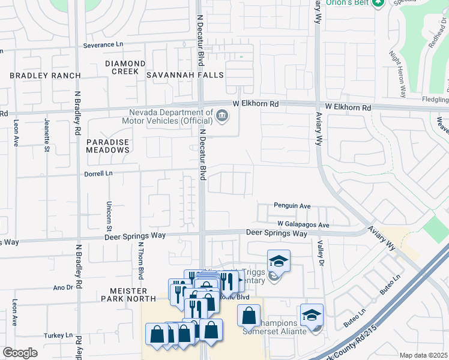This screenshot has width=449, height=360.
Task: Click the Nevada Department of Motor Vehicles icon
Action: coord(222,115)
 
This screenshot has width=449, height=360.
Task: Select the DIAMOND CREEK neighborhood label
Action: coord(125,67)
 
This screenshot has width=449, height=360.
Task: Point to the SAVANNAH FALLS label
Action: coord(185,75)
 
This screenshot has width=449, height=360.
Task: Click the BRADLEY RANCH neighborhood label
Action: coord(45,76)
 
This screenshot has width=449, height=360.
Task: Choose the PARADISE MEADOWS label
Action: coord(107,146)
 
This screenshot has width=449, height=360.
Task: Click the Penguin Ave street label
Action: coord(292,206)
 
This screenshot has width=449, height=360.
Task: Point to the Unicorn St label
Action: coord(110,216)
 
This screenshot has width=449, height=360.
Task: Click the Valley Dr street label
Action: coord(321,254)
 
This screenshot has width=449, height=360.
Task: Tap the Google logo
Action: coord(20,353)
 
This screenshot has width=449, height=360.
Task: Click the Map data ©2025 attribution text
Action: coord(424,355)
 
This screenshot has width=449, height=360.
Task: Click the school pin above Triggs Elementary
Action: coord(279,261)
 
